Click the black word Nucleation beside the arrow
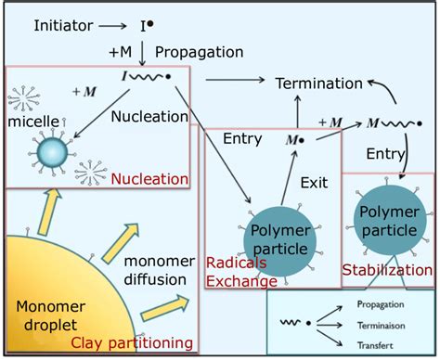[x=149, y=118]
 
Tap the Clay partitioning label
[x=131, y=343]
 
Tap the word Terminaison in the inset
[x=382, y=324]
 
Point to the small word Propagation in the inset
[x=382, y=304]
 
